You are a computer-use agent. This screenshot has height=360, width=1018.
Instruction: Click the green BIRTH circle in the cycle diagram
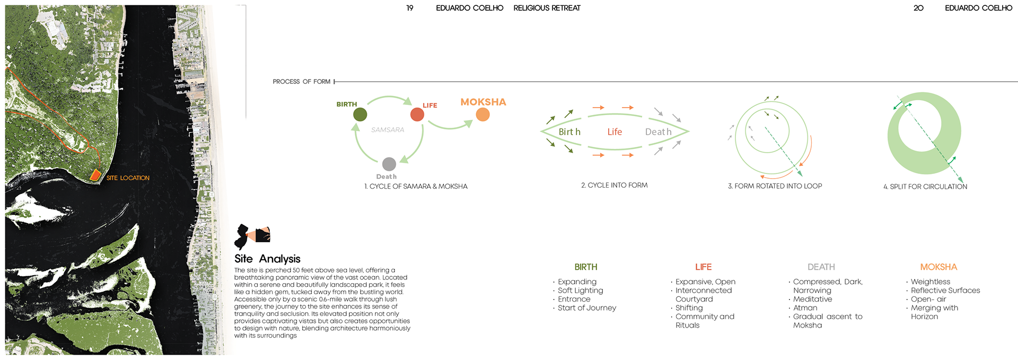point(360,114)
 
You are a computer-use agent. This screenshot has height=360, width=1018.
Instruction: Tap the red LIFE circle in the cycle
point(417,114)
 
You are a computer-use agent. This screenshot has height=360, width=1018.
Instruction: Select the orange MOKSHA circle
point(482,115)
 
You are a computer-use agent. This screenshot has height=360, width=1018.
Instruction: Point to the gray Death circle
point(389,164)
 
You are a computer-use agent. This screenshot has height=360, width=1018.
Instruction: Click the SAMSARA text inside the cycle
point(388,130)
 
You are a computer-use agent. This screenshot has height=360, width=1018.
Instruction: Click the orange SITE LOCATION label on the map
point(128,178)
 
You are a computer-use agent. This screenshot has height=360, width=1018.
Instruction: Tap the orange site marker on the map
point(95,174)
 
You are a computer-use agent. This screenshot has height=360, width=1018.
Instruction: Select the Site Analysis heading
point(267,259)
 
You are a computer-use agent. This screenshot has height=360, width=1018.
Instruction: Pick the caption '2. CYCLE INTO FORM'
point(614,185)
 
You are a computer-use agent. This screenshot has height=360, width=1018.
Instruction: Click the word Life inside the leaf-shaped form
point(615,131)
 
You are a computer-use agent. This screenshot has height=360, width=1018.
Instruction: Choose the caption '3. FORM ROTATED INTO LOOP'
point(775,186)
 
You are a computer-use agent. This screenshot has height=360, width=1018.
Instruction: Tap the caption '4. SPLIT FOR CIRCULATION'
point(925,187)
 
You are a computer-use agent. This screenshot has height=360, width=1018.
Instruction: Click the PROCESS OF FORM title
point(301,82)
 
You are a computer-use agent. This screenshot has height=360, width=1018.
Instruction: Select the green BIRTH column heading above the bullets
point(586,267)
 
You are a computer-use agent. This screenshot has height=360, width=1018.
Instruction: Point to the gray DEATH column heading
point(821,267)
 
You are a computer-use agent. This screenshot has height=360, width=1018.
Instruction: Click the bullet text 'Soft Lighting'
point(580,291)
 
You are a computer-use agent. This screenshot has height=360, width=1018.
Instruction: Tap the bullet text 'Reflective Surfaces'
point(945,291)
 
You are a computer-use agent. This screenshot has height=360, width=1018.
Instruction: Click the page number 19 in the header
point(410,8)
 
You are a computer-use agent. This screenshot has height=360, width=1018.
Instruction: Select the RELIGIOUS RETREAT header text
point(547,8)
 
